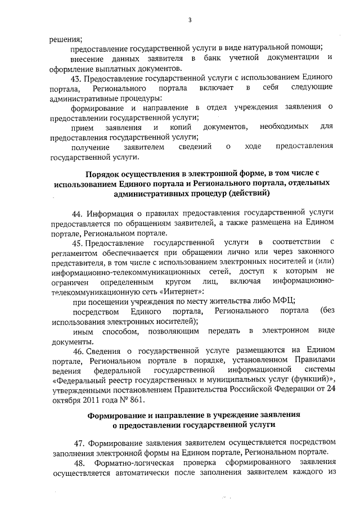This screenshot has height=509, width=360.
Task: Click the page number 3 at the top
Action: [190, 21]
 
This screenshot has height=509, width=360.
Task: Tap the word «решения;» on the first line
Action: [66, 39]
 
